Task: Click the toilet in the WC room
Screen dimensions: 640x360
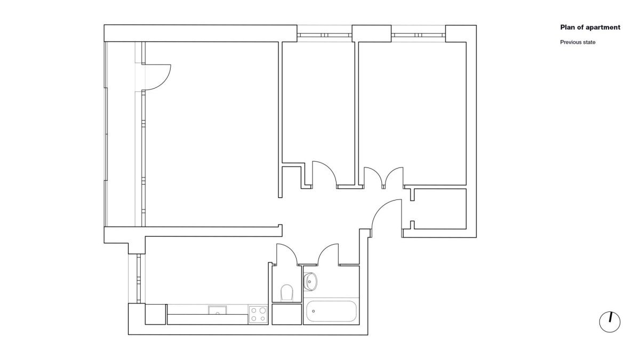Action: pos(287,293)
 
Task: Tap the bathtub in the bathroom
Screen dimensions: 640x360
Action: pos(331,311)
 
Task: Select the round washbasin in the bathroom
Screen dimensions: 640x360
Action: pos(310,282)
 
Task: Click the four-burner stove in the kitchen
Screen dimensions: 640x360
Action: pos(258,315)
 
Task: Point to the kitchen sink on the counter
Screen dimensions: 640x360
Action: pos(218,310)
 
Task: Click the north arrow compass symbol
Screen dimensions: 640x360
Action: pos(610,322)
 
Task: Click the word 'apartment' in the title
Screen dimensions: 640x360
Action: pos(603,27)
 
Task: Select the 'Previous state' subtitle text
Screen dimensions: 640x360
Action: pos(578,42)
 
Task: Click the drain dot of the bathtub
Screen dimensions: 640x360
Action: pos(314,311)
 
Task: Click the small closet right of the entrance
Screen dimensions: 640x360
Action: pos(438,209)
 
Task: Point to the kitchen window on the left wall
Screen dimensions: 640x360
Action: pos(139,278)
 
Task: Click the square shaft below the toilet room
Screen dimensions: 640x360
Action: pos(286,314)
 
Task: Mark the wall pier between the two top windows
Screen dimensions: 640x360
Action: pos(371,34)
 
